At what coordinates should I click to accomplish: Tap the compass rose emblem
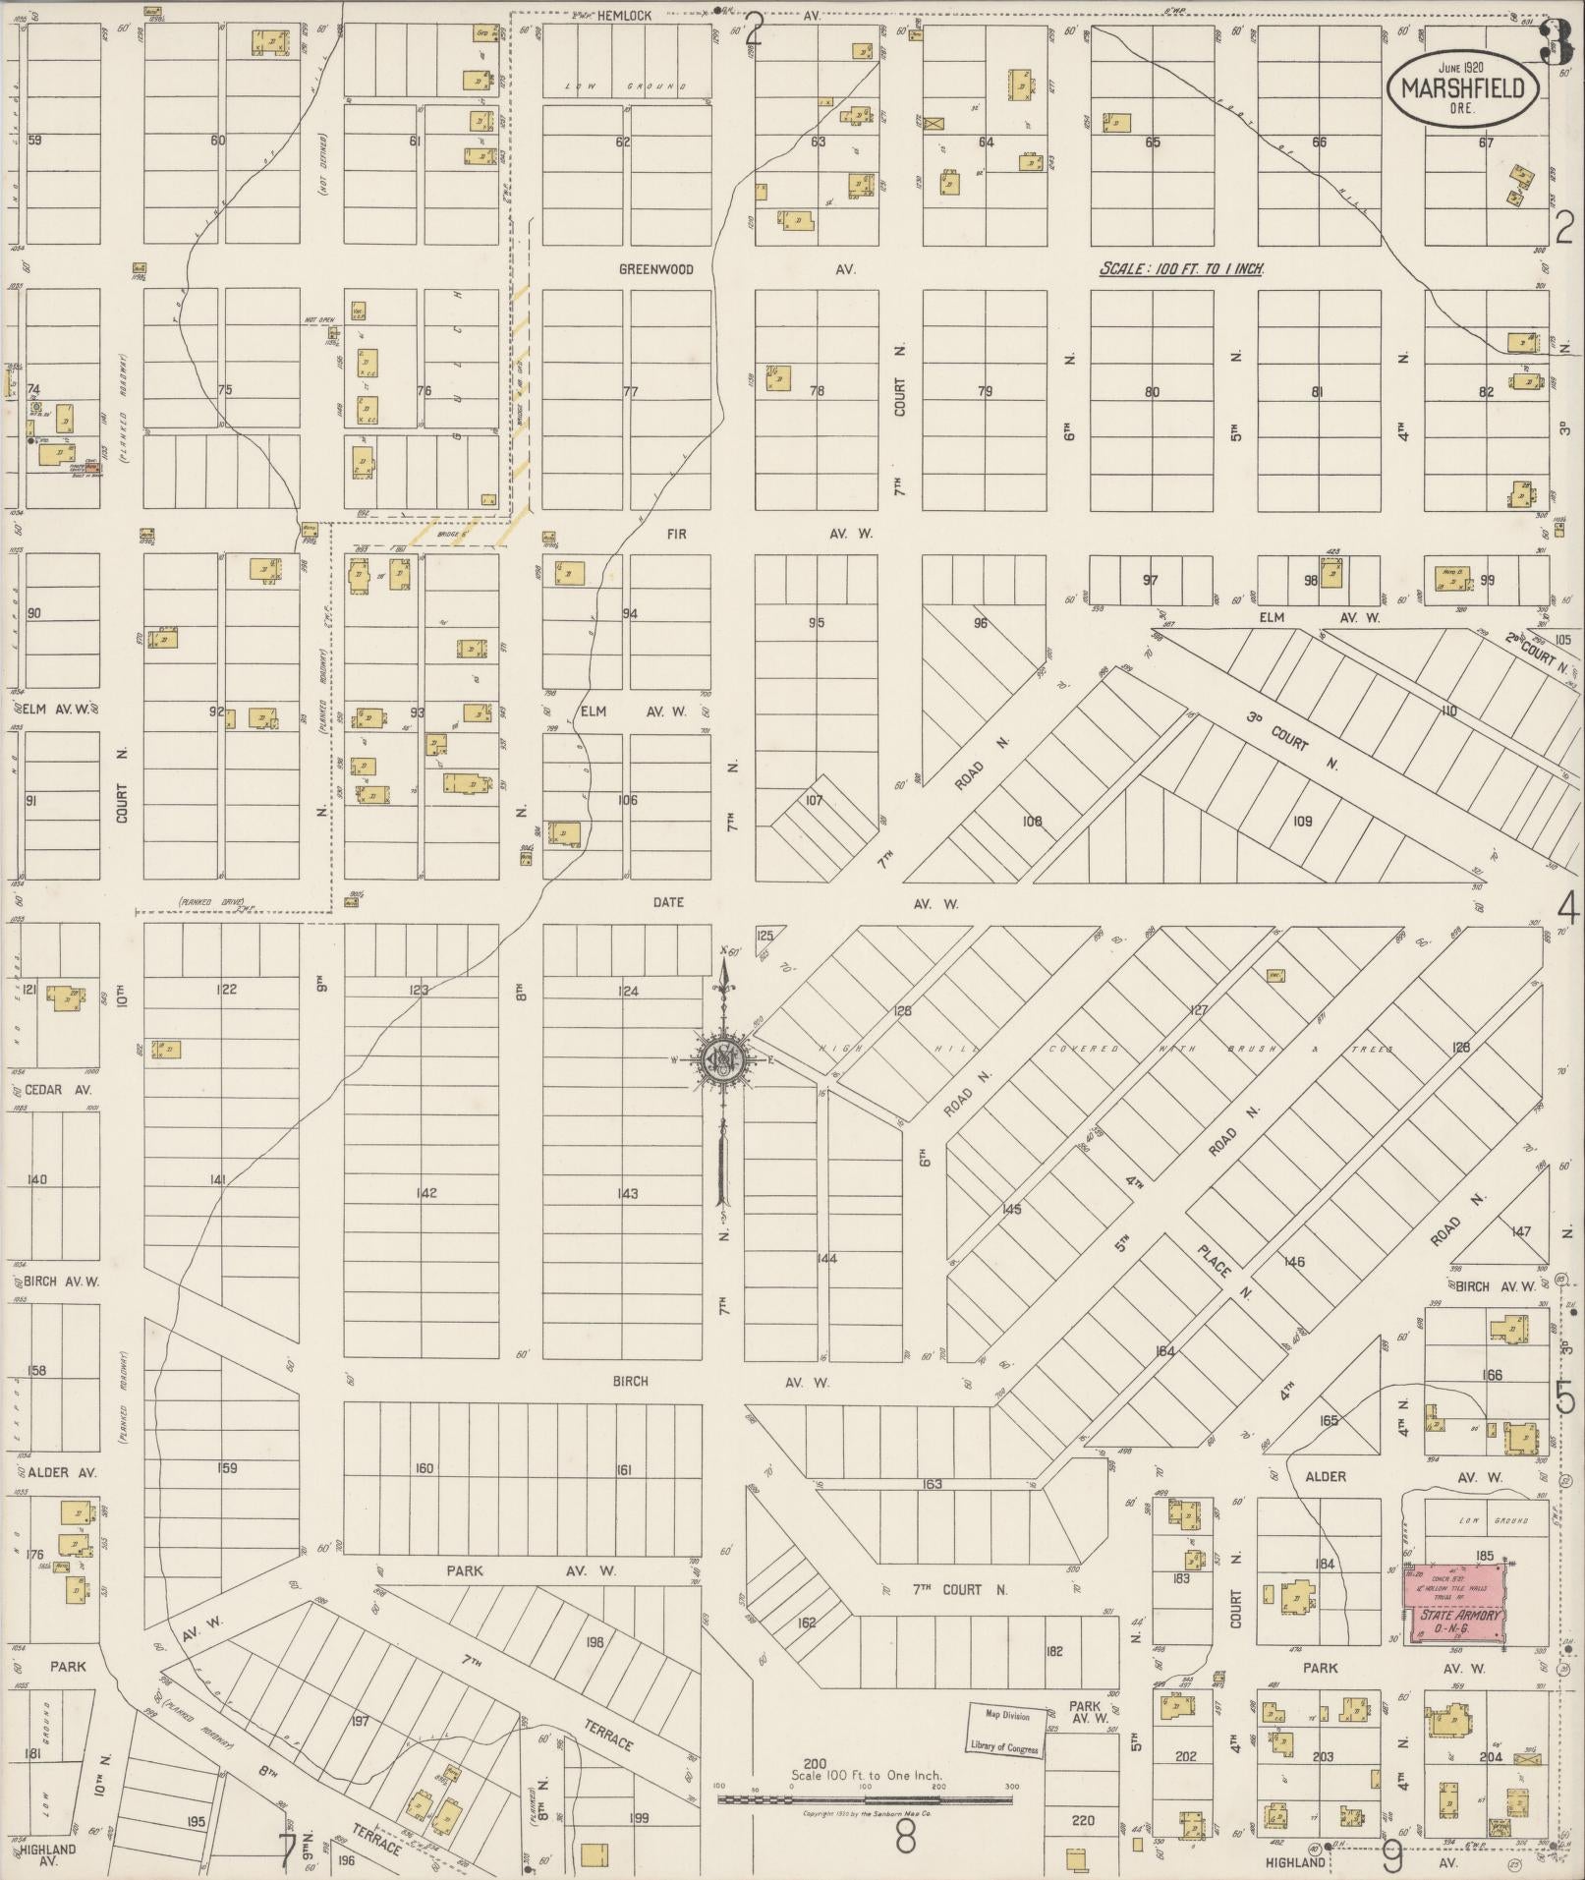pyautogui.click(x=724, y=1059)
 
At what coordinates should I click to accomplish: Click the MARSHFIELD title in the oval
pyautogui.click(x=1463, y=88)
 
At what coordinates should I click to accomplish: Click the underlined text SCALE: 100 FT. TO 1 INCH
pyautogui.click(x=1181, y=269)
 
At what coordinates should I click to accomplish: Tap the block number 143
pyautogui.click(x=627, y=1194)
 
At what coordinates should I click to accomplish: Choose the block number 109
pyautogui.click(x=1302, y=821)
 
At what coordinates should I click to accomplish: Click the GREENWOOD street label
pyautogui.click(x=655, y=269)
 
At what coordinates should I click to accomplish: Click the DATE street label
pyautogui.click(x=667, y=902)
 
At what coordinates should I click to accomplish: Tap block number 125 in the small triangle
pyautogui.click(x=764, y=935)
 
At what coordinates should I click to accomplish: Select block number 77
pyautogui.click(x=630, y=391)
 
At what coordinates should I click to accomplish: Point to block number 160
pyautogui.click(x=424, y=1469)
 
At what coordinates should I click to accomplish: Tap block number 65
pyautogui.click(x=1152, y=142)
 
